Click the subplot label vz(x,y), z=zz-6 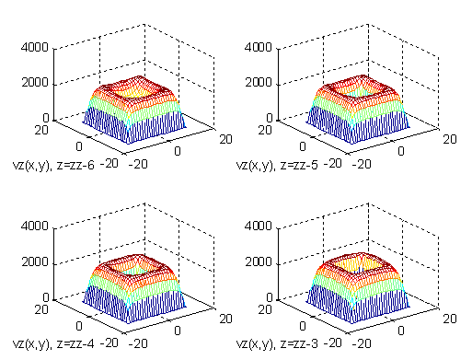click(x=52, y=166)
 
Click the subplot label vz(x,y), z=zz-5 click(x=277, y=166)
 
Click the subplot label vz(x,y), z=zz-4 click(x=52, y=345)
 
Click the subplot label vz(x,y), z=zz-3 click(x=277, y=345)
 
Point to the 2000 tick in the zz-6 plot click(x=36, y=82)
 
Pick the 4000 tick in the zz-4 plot click(x=36, y=226)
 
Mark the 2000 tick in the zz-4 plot click(x=36, y=262)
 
